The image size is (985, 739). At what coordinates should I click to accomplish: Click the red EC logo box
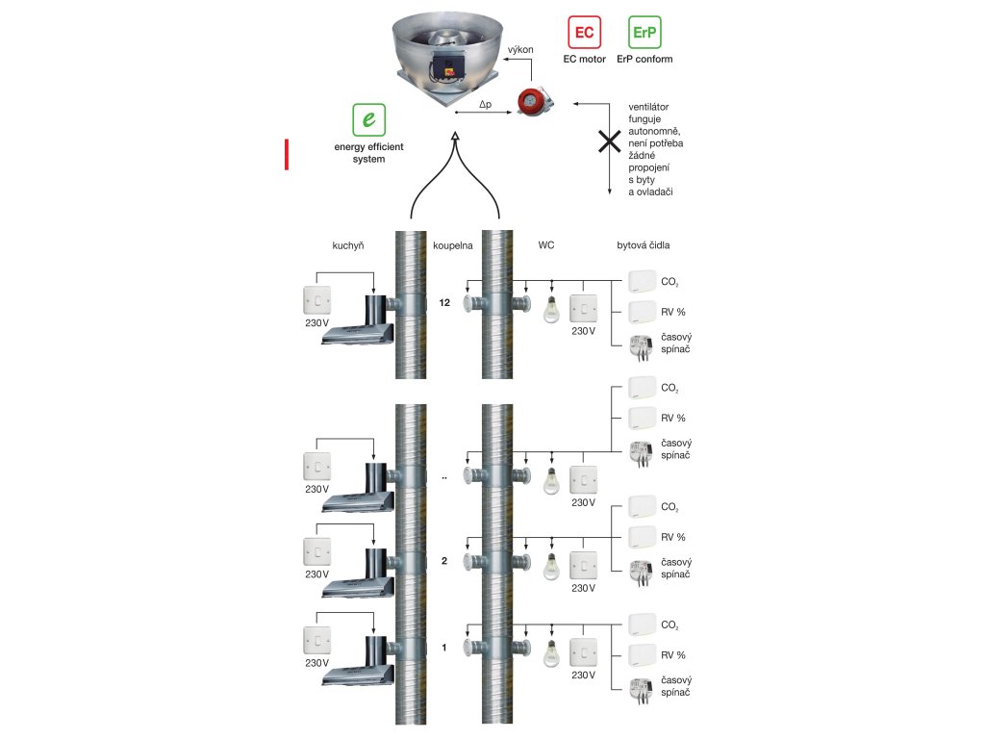584,33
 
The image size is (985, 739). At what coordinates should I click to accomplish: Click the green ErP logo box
644,33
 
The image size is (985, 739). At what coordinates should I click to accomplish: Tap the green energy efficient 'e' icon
369,120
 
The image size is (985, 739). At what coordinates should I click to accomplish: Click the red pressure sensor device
533,101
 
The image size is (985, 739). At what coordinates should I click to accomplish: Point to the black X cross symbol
609,142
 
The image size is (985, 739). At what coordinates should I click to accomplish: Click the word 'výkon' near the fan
520,49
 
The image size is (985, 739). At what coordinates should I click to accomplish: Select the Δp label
486,103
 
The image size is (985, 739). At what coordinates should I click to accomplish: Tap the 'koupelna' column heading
452,245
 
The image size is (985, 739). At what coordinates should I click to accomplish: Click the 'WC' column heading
546,245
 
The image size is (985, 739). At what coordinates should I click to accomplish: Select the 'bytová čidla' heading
644,245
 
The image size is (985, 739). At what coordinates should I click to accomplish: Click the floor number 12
443,303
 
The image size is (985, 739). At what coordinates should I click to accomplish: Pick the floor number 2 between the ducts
443,560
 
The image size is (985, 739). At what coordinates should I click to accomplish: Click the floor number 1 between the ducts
443,648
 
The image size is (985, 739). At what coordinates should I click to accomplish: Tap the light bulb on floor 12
551,309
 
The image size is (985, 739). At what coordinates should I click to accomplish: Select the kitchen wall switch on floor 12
316,300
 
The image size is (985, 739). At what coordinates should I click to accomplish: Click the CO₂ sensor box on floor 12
642,282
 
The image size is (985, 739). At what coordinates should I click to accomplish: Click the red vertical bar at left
286,155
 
